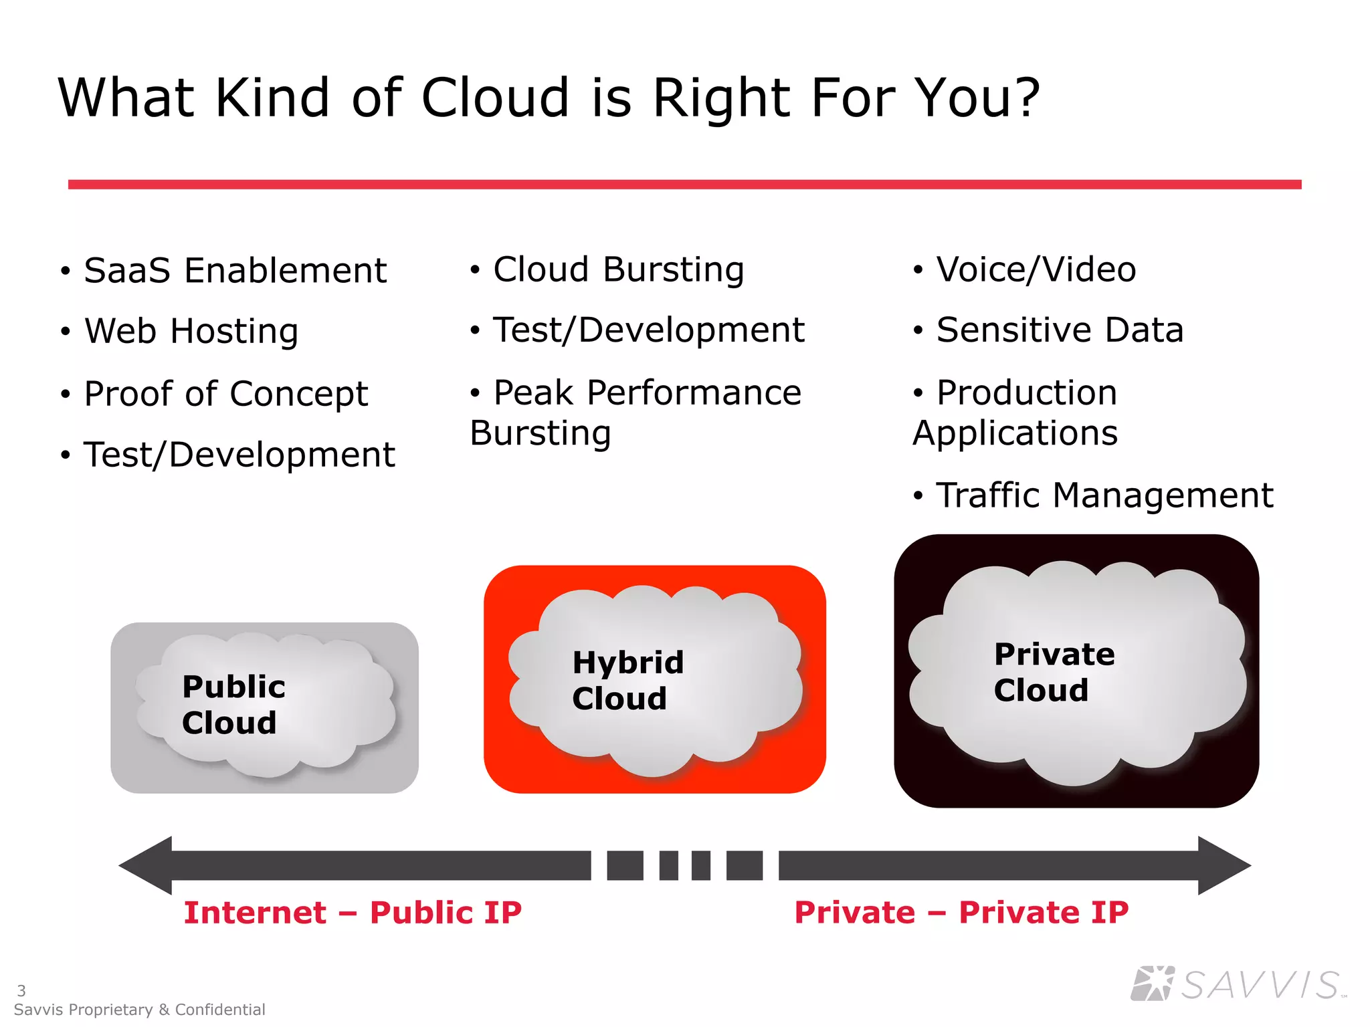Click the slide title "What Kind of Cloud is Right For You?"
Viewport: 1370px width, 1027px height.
coord(549,98)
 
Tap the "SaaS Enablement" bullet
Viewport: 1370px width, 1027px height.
coord(235,271)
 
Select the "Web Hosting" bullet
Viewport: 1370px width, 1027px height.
coord(191,332)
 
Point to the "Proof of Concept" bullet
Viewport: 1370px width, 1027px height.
coord(226,394)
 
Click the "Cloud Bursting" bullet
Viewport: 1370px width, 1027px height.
coord(618,270)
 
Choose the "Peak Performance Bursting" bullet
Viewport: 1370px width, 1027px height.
coord(635,412)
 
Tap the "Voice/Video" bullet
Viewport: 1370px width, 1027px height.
coord(1036,270)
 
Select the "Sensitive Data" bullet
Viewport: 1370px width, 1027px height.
coord(1060,330)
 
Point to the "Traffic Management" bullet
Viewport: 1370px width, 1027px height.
coord(1104,496)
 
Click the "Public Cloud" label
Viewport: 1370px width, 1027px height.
coord(233,705)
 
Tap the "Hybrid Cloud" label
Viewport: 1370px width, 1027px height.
coord(627,681)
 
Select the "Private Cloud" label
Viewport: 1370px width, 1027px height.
coord(1054,672)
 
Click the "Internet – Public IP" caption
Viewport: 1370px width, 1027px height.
coord(353,913)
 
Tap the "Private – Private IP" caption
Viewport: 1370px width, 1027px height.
coord(961,913)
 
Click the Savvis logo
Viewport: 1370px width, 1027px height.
coord(1238,984)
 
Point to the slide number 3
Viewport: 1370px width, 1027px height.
coord(21,990)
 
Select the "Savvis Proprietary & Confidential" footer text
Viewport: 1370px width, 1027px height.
coord(139,1010)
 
